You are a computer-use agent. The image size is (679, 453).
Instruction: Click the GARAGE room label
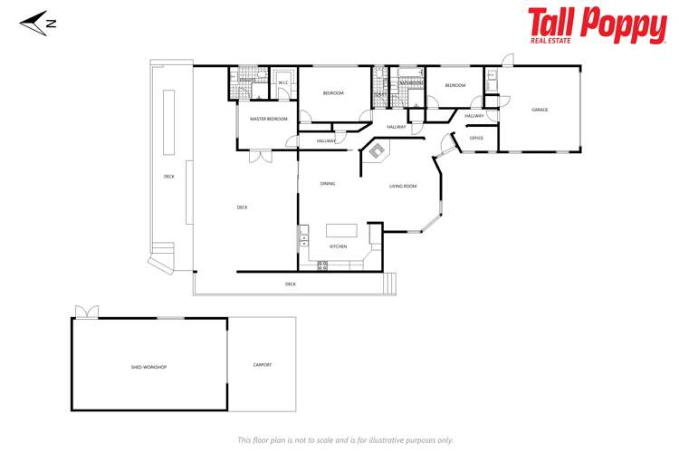tap(540, 110)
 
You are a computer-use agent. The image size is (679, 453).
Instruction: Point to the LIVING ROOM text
tap(403, 186)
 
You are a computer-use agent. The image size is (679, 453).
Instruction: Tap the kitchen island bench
tap(342, 230)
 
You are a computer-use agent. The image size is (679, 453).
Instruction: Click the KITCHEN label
tap(338, 246)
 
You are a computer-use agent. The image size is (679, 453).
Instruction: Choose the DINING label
tap(328, 184)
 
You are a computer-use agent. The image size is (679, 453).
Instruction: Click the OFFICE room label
tap(476, 138)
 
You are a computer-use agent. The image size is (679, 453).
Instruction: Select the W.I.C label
tap(282, 82)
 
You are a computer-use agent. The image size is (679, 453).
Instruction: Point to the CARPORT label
tap(262, 364)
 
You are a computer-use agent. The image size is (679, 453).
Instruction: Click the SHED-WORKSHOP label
tap(149, 366)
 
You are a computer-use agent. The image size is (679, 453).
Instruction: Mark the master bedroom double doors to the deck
tap(262, 158)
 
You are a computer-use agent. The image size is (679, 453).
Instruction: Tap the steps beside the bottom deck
tap(390, 284)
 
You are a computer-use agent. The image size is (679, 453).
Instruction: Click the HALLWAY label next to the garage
tap(474, 116)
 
